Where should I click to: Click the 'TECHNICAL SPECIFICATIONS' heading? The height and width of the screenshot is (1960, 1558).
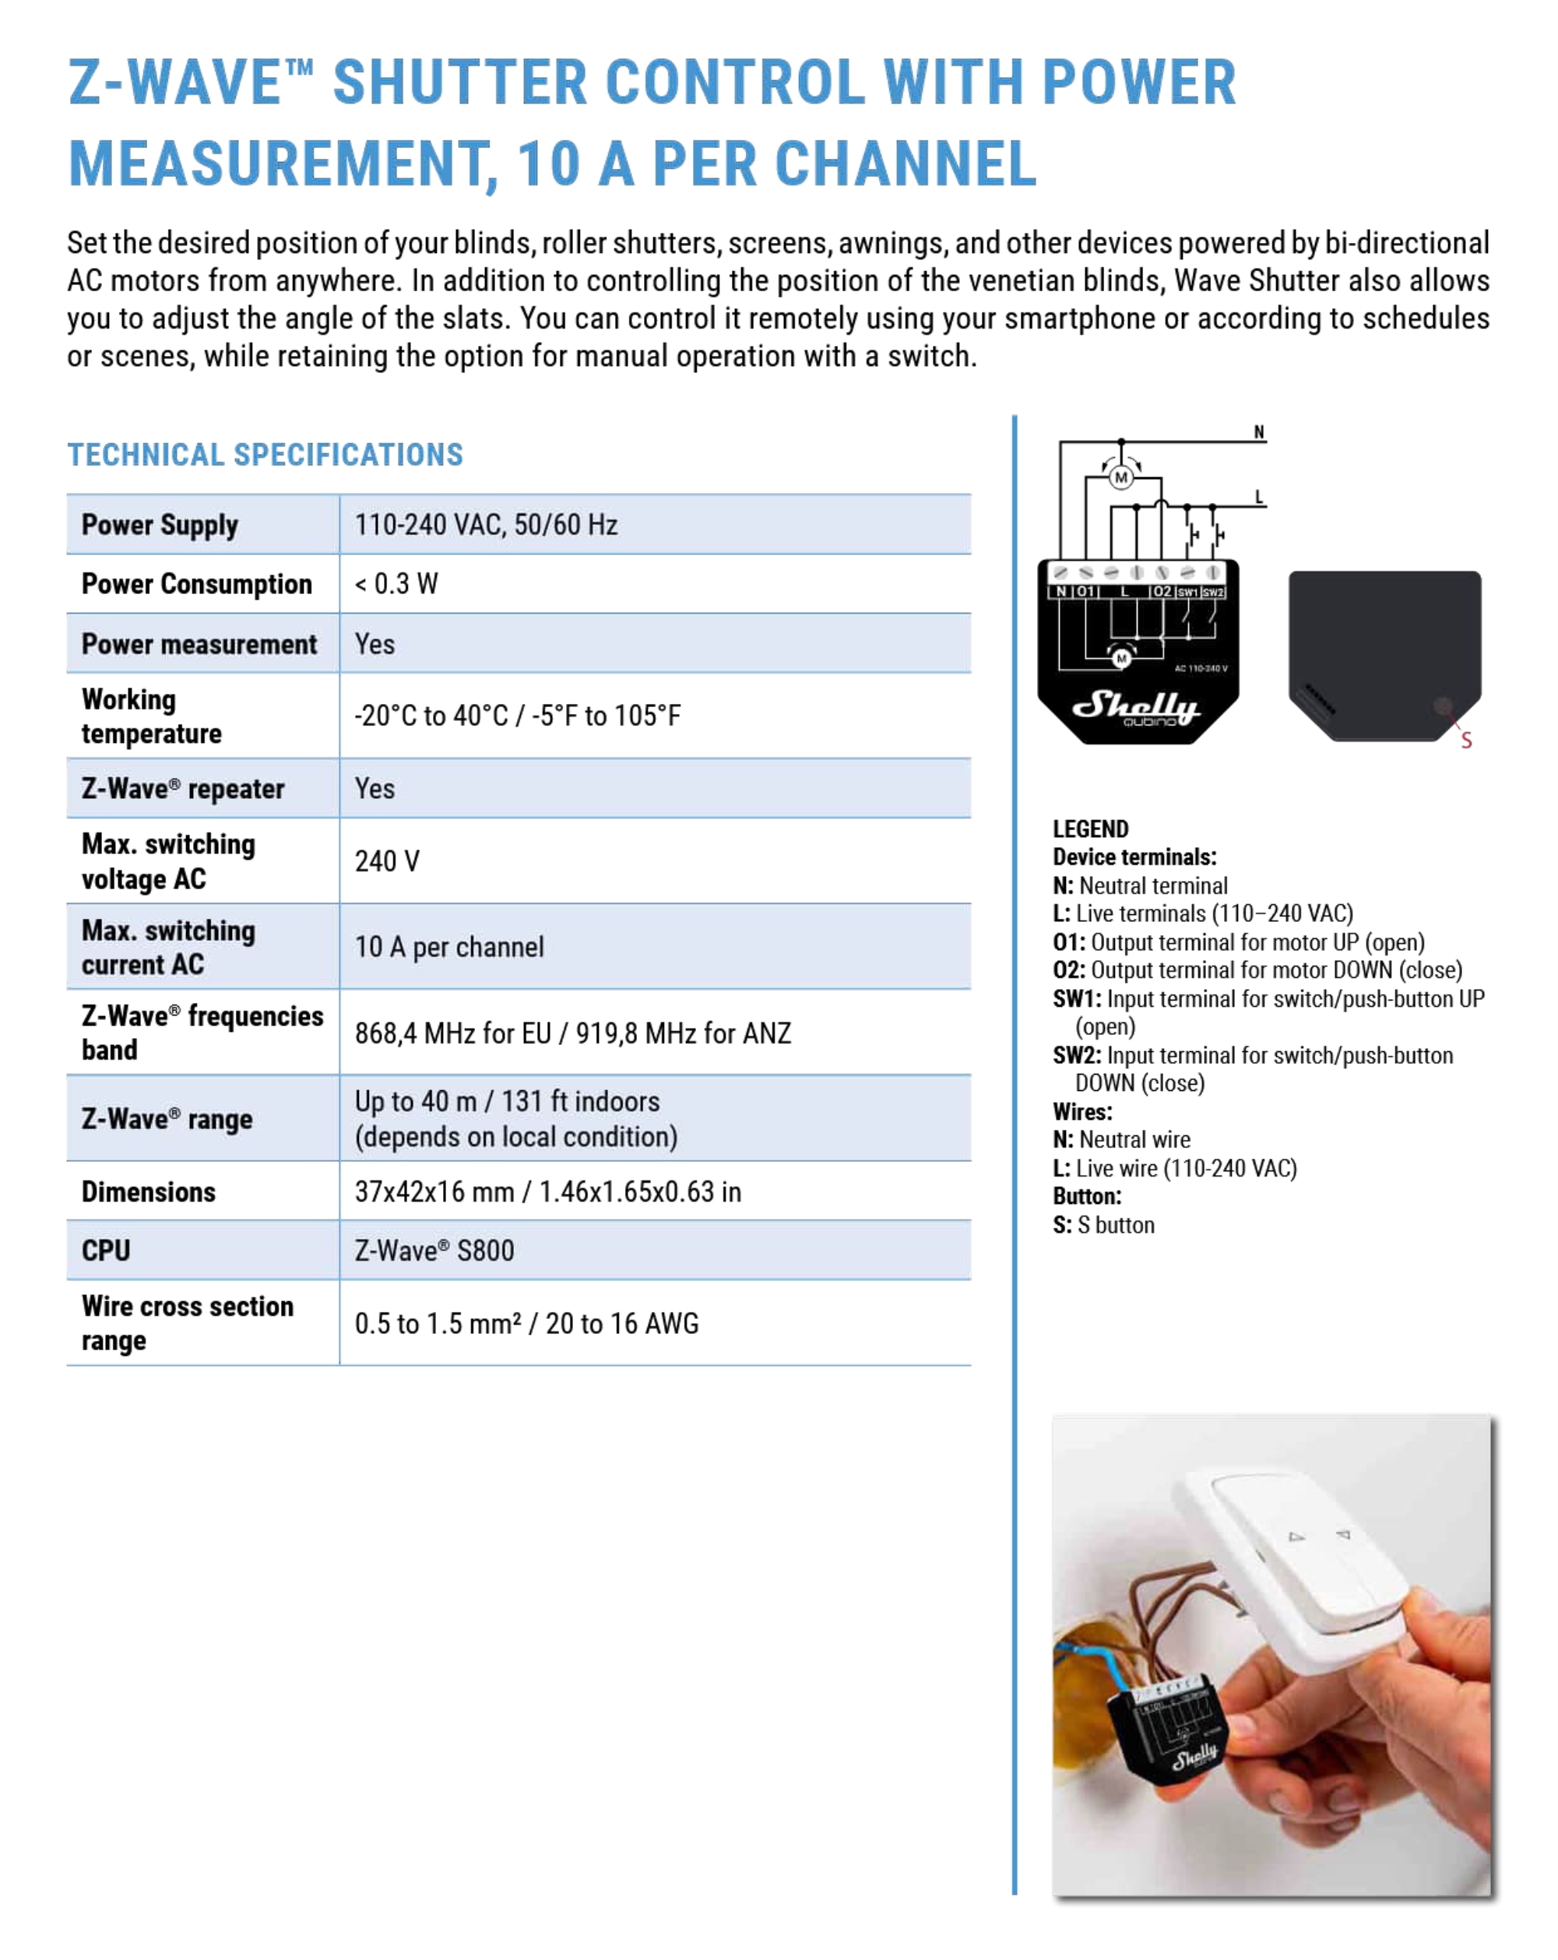point(265,455)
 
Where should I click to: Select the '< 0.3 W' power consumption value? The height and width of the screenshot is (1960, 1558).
point(396,583)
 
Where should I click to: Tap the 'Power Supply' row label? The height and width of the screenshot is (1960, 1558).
point(160,525)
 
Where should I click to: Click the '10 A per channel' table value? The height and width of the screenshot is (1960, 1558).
point(449,946)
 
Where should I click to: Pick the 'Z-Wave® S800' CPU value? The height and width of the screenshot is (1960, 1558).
point(434,1250)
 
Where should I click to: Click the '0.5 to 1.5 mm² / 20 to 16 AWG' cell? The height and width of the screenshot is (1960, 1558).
point(526,1323)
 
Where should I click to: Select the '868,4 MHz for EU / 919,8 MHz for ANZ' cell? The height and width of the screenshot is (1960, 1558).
point(572,1033)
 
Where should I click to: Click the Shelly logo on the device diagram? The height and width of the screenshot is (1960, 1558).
point(1136,706)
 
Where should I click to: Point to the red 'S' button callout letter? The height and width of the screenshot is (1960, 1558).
point(1466,740)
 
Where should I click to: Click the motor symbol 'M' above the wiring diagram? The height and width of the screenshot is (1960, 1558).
point(1120,477)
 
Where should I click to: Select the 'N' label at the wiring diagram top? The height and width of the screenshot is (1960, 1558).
point(1259,432)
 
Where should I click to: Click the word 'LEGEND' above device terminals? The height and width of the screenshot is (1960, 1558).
point(1090,829)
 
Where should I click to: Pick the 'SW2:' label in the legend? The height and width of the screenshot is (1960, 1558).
point(1076,1054)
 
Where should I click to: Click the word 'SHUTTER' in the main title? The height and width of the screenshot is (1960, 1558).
point(460,83)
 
